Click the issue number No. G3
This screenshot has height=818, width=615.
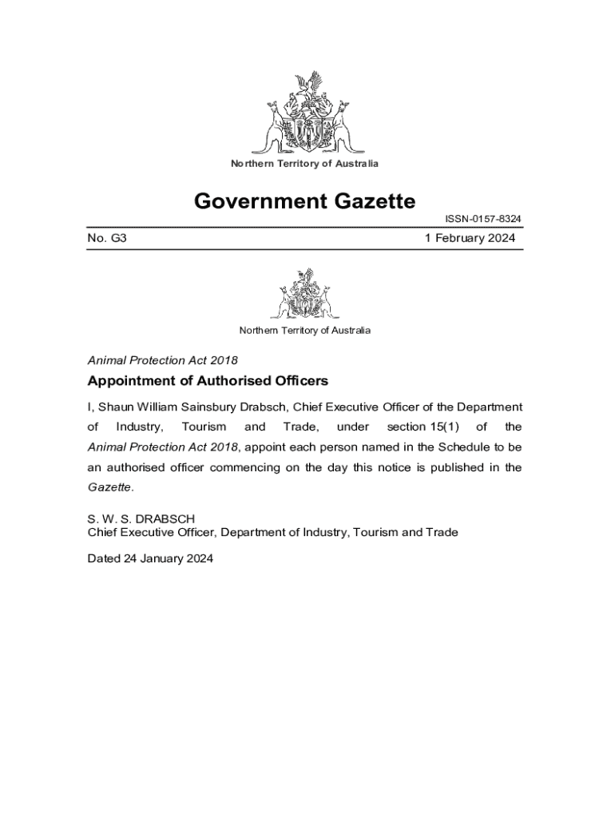pyautogui.click(x=107, y=238)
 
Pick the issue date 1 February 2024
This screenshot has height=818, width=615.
pyautogui.click(x=470, y=238)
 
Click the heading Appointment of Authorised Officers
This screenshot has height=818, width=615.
pyautogui.click(x=208, y=380)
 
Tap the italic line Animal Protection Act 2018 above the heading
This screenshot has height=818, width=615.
pyautogui.click(x=162, y=359)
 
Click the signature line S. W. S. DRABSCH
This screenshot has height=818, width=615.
pyautogui.click(x=141, y=518)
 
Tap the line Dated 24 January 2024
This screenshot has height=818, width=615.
pyautogui.click(x=150, y=559)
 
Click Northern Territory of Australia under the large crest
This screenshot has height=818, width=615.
pyautogui.click(x=304, y=164)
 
